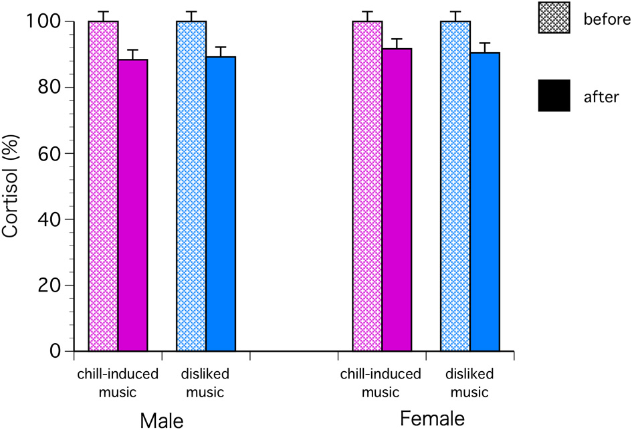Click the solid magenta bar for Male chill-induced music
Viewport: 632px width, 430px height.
(133, 205)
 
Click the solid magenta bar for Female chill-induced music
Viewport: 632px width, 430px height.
(397, 200)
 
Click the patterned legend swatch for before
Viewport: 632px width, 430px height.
(554, 17)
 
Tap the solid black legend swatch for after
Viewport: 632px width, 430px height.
(554, 96)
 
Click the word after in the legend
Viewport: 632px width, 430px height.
(602, 97)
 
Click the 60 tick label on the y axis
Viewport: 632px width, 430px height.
(52, 153)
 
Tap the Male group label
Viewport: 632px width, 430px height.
(161, 419)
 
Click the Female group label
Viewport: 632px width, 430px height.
(432, 419)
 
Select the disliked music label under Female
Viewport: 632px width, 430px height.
(469, 383)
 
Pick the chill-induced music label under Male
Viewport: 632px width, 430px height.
(118, 383)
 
